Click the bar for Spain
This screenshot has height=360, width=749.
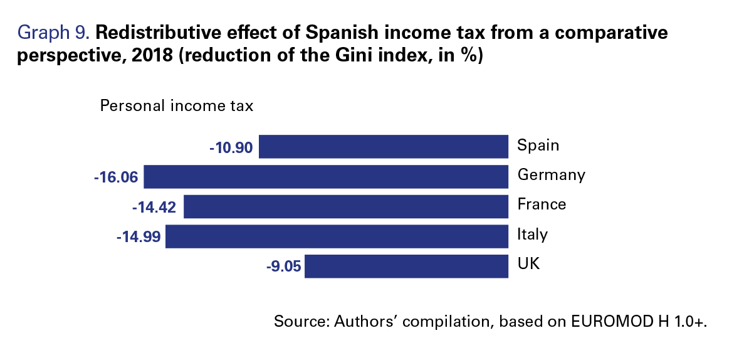coord(384,147)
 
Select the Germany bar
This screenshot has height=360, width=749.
coord(327,176)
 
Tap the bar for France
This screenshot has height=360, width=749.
coord(347,206)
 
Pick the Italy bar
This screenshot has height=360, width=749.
coord(337,236)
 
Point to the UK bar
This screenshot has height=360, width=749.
coord(407,267)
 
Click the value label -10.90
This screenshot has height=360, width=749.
coord(231,148)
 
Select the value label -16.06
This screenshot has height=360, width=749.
coord(116,178)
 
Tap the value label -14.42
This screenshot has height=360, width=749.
coord(154,208)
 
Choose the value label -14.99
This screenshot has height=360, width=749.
coord(138,238)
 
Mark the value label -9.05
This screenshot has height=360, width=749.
coord(284,267)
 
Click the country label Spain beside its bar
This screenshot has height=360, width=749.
coord(538,146)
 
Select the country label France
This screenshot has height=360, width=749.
coord(542,204)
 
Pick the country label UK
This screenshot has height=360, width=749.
coord(529,264)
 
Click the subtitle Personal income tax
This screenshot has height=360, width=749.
coord(177,105)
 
